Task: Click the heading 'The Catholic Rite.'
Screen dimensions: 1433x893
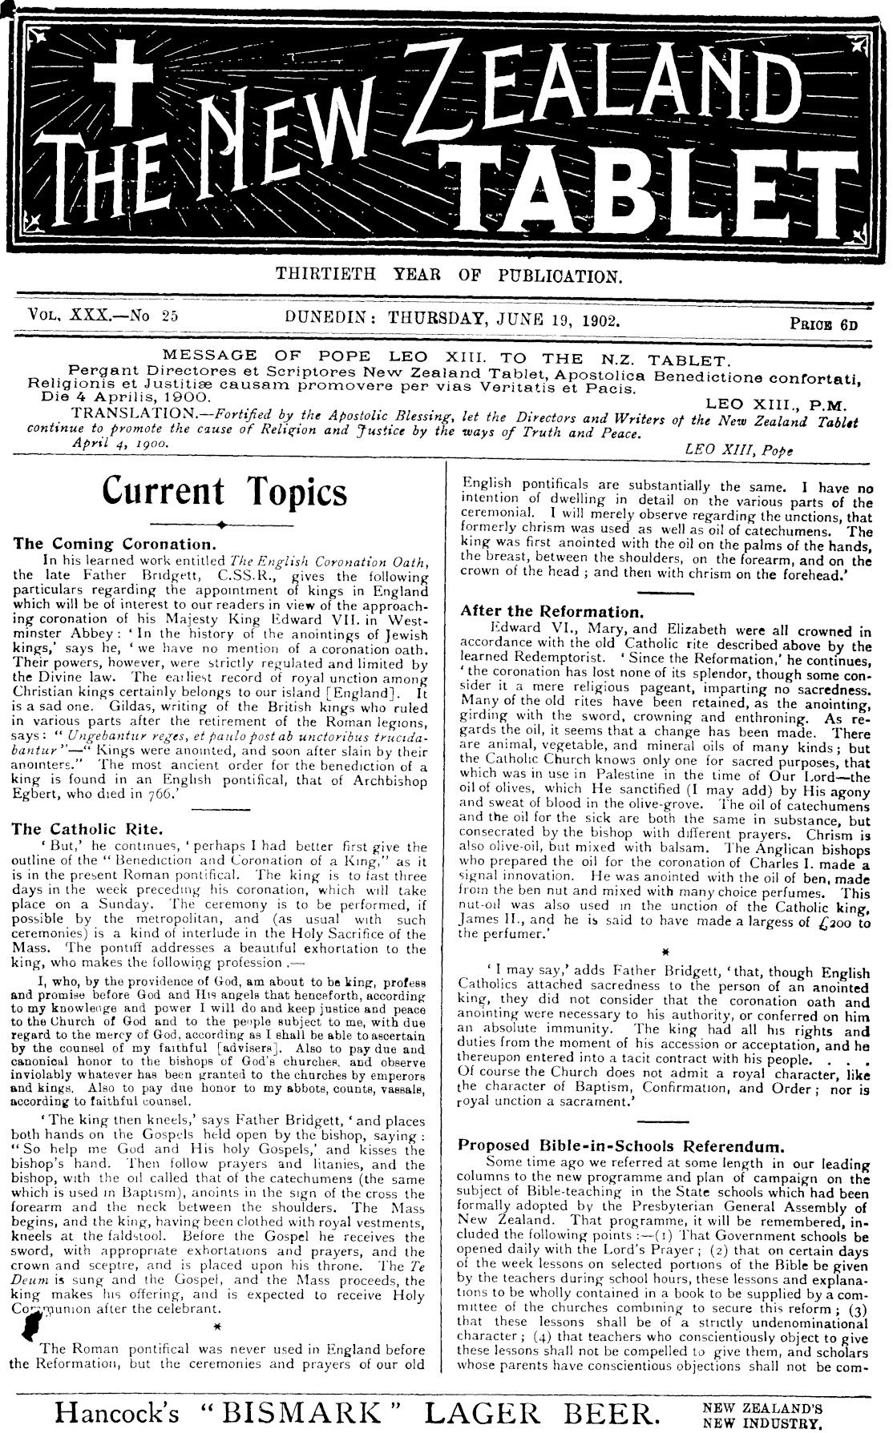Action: point(88,829)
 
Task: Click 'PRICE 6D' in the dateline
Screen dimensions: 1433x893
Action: point(824,325)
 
